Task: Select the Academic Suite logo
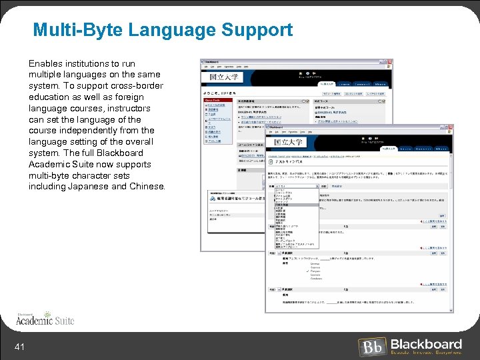45,320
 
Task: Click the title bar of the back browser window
293,62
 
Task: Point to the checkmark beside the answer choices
307,272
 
